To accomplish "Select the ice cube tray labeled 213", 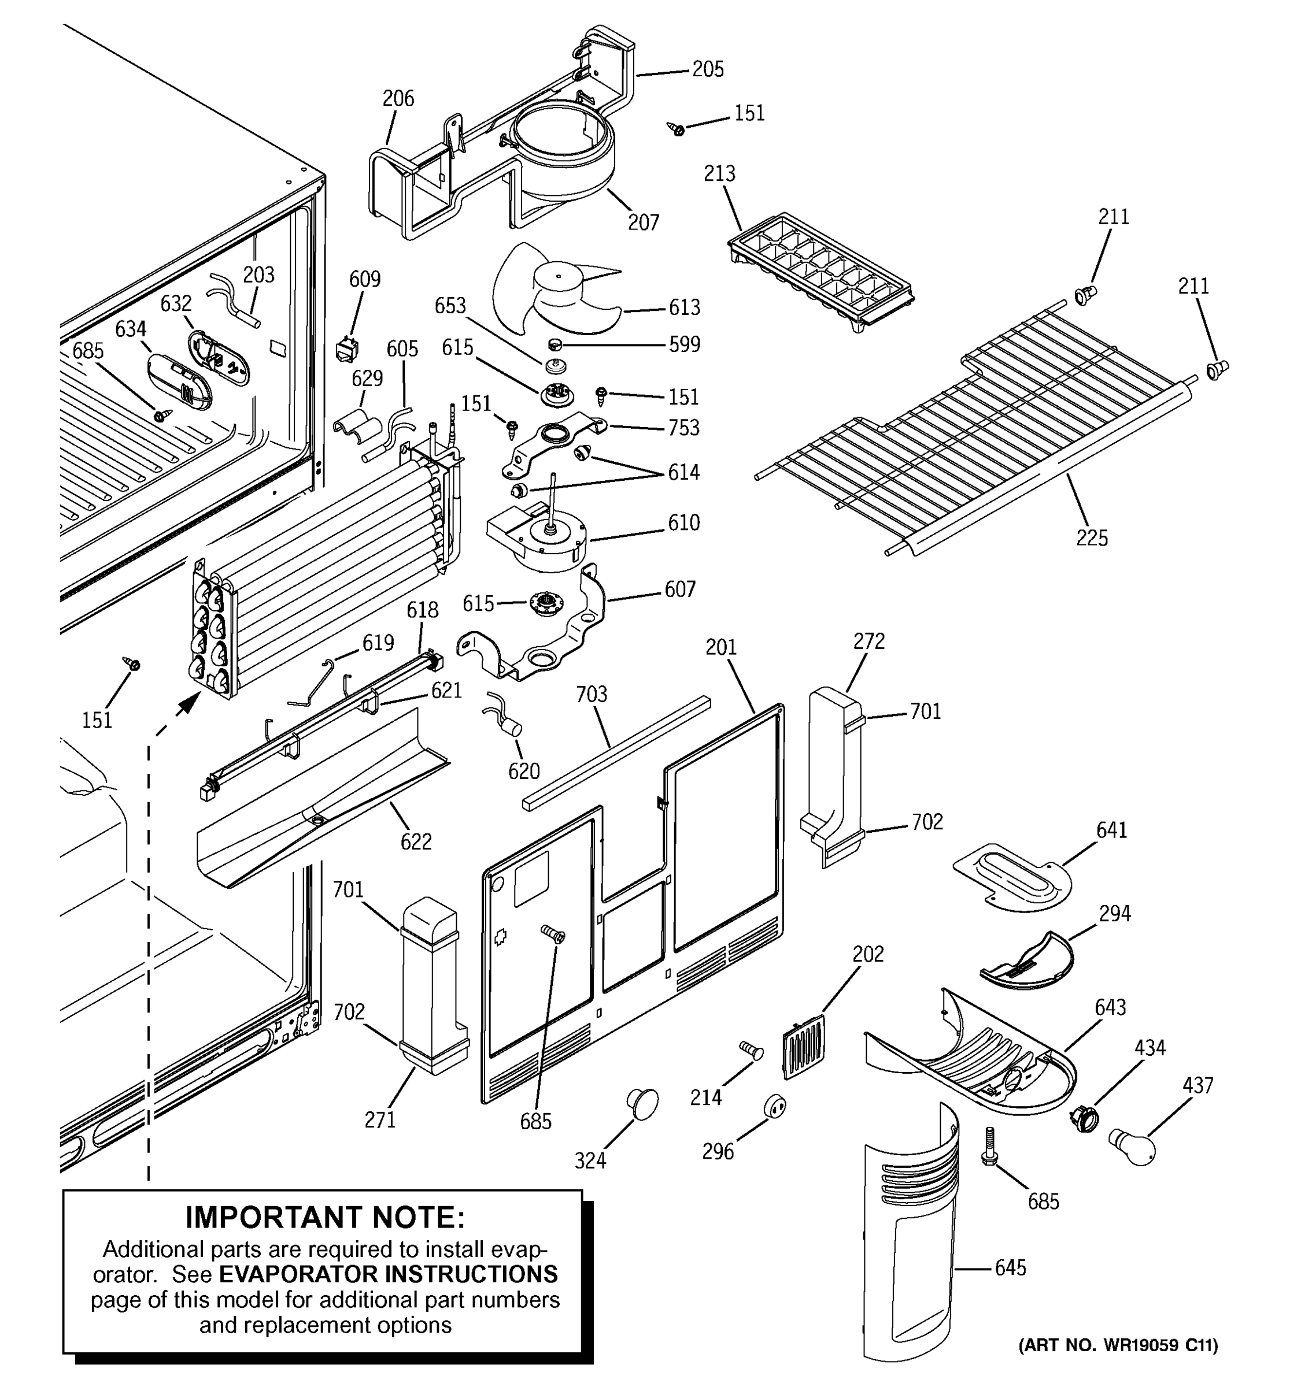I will point(820,272).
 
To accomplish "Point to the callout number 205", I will point(708,69).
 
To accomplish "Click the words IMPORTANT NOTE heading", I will point(324,1218).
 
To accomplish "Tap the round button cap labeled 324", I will point(642,1102).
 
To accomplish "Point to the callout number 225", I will point(1092,537).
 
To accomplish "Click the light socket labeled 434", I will point(1083,1121).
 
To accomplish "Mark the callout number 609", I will point(364,279).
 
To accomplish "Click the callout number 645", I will point(1010,1268).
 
